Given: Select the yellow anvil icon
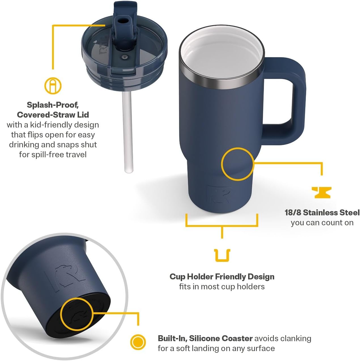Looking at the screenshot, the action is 321,192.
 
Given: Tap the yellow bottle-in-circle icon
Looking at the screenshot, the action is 53,86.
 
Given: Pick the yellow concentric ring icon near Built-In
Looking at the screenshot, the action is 138,342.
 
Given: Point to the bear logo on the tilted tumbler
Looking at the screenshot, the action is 65,278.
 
